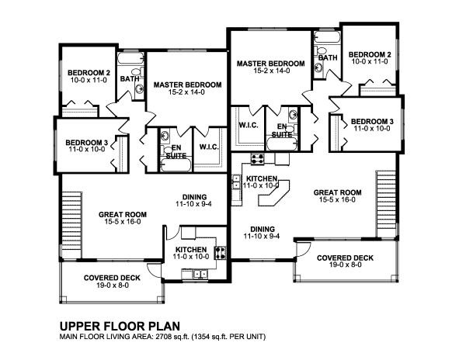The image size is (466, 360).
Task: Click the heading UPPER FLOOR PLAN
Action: [113, 326]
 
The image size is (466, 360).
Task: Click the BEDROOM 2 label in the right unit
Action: [367, 54]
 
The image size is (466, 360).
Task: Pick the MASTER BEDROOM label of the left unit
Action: [187, 84]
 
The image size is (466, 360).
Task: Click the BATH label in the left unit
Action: [130, 78]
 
